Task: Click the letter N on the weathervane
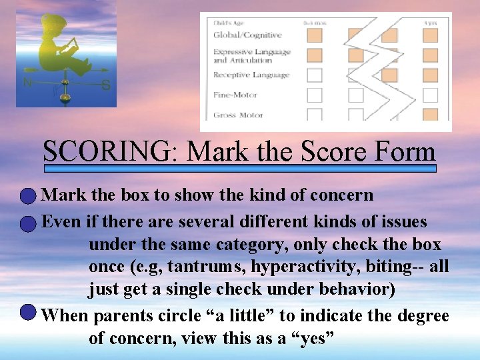(x=27, y=83)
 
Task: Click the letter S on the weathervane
(x=105, y=85)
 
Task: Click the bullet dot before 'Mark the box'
(x=27, y=196)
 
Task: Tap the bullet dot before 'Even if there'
(x=27, y=223)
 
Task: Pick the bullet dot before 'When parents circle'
(x=27, y=312)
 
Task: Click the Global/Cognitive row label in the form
(x=247, y=35)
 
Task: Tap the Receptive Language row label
(x=251, y=75)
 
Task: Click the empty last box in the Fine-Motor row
(x=430, y=95)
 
